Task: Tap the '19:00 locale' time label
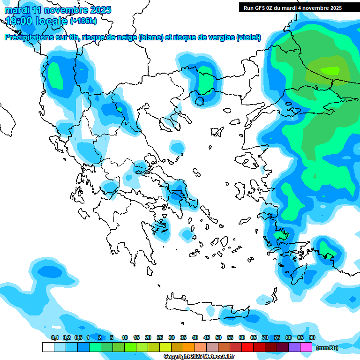(x=37, y=21)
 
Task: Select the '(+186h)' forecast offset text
(x=83, y=21)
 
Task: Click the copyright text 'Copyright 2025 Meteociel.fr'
(x=199, y=356)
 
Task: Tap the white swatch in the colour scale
(x=48, y=347)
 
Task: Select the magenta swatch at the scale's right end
(x=306, y=347)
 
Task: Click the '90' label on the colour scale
(x=312, y=337)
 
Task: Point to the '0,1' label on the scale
(x=55, y=337)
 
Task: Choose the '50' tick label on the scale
(x=218, y=337)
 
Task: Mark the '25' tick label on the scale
(x=160, y=337)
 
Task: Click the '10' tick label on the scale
(x=125, y=337)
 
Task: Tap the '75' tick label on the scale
(x=277, y=337)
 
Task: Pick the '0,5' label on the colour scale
(x=78, y=337)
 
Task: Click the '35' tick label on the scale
(x=183, y=337)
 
